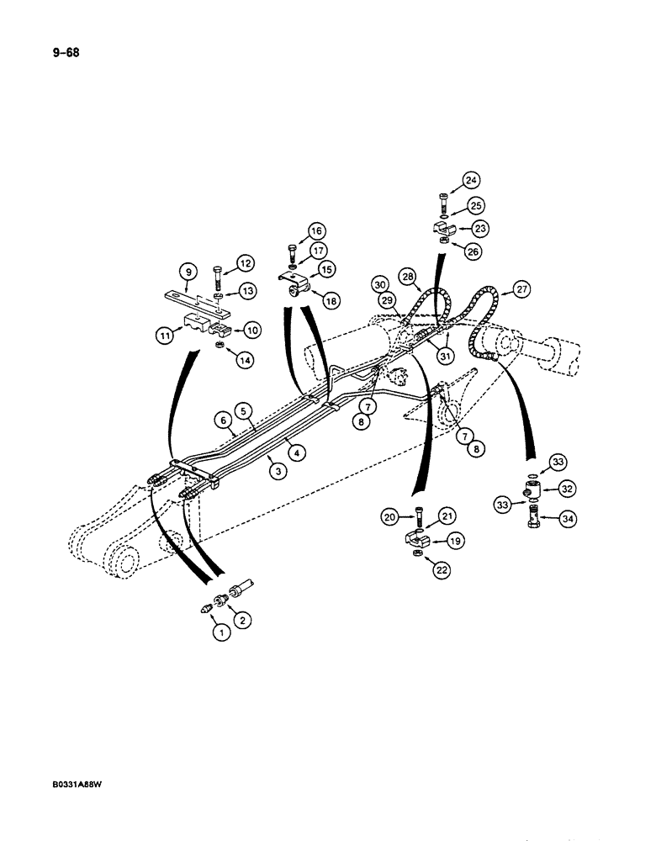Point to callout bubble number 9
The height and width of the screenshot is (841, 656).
tap(187, 272)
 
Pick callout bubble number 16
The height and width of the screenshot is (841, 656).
tap(316, 231)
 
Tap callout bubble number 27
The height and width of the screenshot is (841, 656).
tap(522, 291)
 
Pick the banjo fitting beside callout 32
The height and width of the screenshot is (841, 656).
tap(533, 489)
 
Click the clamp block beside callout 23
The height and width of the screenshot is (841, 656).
tap(442, 229)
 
